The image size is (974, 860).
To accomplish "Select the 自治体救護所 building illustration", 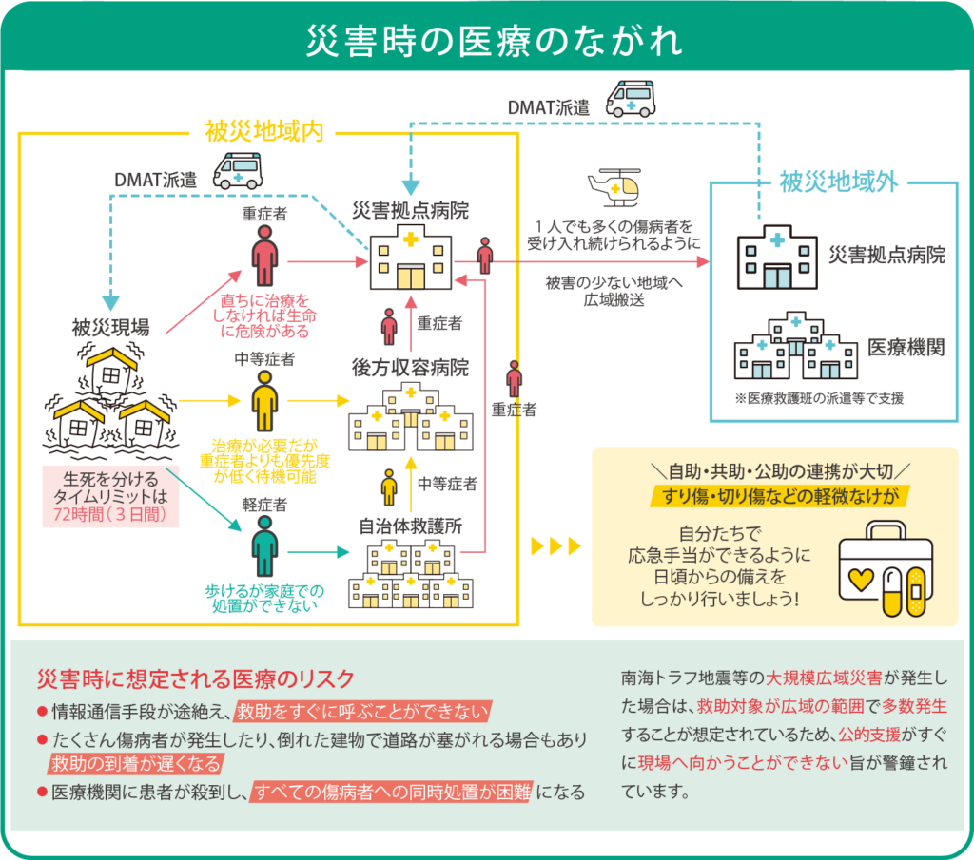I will (411, 574).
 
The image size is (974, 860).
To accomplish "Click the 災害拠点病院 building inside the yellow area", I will (411, 258).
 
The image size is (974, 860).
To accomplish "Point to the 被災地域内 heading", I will (264, 132).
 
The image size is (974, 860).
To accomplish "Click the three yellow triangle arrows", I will (555, 546).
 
